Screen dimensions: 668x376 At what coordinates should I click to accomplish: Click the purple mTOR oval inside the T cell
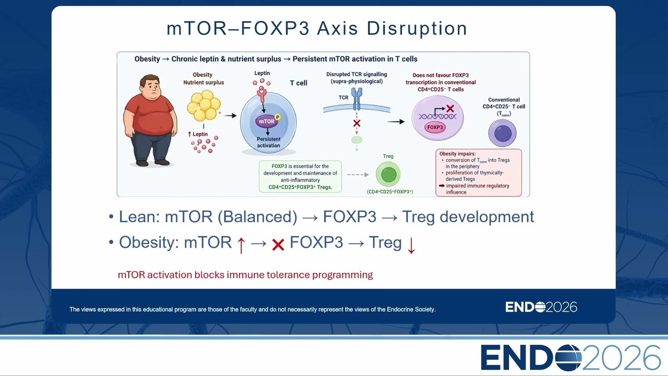pyautogui.click(x=266, y=122)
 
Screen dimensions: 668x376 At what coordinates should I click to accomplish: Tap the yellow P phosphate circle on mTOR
pyautogui.click(x=278, y=117)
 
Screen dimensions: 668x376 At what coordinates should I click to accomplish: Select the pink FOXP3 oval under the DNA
pyautogui.click(x=435, y=127)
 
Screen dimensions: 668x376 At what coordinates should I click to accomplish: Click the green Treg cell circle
pyautogui.click(x=388, y=174)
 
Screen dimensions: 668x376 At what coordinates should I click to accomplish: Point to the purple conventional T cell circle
pyautogui.click(x=503, y=133)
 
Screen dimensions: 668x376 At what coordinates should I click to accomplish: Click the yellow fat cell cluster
pyautogui.click(x=204, y=105)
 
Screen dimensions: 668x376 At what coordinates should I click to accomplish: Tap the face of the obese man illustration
pyautogui.click(x=152, y=87)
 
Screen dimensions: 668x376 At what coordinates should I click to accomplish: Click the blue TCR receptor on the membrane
pyautogui.click(x=356, y=99)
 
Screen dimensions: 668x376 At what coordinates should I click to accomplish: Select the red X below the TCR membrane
pyautogui.click(x=356, y=123)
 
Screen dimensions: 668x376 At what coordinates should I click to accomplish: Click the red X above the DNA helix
pyautogui.click(x=450, y=108)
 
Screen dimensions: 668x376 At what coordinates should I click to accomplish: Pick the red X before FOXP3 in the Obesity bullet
pyautogui.click(x=278, y=245)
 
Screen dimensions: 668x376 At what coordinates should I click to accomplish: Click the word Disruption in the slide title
pyautogui.click(x=417, y=29)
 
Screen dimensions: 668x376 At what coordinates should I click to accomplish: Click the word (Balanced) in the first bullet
pyautogui.click(x=258, y=217)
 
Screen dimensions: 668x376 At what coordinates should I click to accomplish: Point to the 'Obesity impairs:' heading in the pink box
pyautogui.click(x=458, y=154)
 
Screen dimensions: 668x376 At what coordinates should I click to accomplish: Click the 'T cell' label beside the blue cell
pyautogui.click(x=299, y=83)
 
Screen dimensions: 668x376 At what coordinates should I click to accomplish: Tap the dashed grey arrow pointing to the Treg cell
pyautogui.click(x=358, y=174)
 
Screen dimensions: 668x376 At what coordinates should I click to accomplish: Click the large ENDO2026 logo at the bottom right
pyautogui.click(x=570, y=358)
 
